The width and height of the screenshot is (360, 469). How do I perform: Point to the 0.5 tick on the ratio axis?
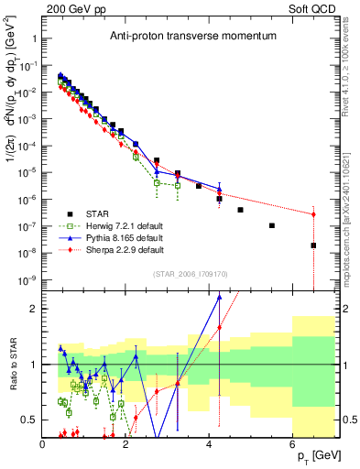point(30,420)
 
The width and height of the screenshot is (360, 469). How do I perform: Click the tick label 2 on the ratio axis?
point(34,309)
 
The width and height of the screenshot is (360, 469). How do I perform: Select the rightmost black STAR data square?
point(313,245)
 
